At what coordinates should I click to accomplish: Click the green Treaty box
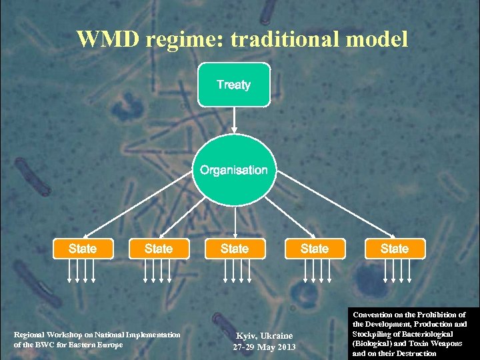234,85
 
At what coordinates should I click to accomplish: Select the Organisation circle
234,171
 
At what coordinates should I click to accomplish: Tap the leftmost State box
83,249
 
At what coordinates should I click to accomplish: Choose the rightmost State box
394,249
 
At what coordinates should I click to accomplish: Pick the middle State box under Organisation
234,249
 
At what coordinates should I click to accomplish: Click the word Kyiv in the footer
247,335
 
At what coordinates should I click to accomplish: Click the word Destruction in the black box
414,353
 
